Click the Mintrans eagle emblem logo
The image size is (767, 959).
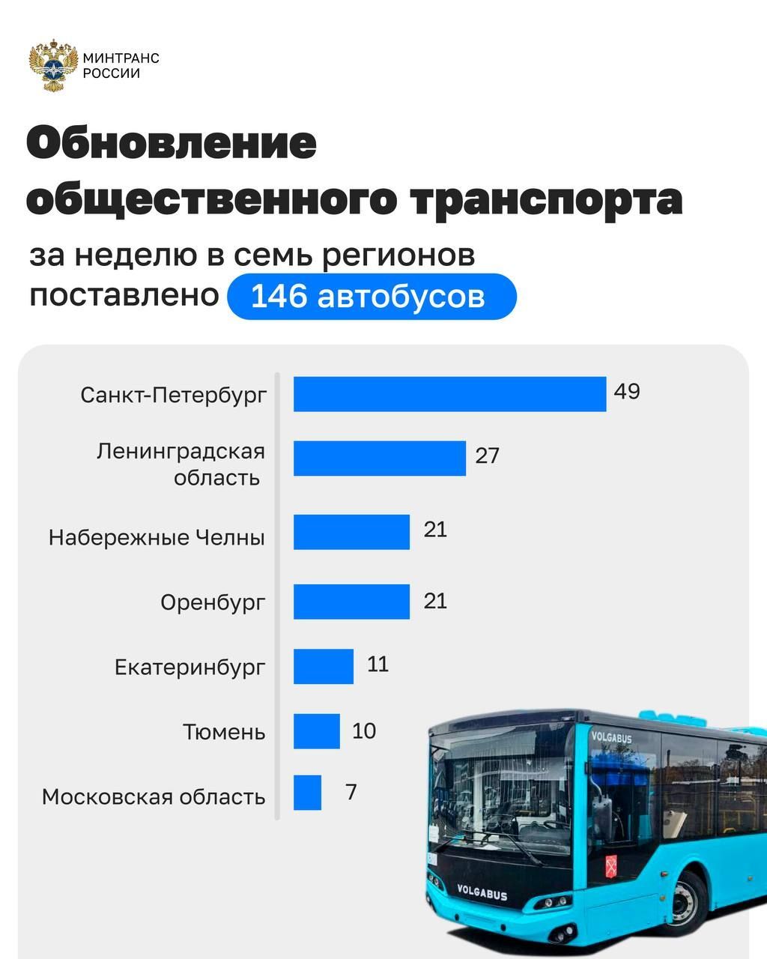[53, 67]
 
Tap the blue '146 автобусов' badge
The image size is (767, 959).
[372, 297]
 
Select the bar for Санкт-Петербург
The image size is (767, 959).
[449, 394]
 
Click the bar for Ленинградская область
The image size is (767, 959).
[379, 458]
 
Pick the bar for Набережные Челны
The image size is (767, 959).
[351, 532]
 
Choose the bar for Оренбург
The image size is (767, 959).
[351, 602]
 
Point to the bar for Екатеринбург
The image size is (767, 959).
[323, 666]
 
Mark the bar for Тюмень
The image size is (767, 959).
[316, 731]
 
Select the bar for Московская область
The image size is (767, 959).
[307, 793]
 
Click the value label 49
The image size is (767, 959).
[627, 391]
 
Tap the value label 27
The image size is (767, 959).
[487, 456]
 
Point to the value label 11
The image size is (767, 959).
[378, 664]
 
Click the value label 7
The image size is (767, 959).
[351, 791]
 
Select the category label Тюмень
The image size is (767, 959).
[224, 731]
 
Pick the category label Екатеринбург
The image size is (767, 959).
[190, 667]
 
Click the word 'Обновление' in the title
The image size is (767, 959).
[172, 143]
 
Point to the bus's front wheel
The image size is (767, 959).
[686, 903]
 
